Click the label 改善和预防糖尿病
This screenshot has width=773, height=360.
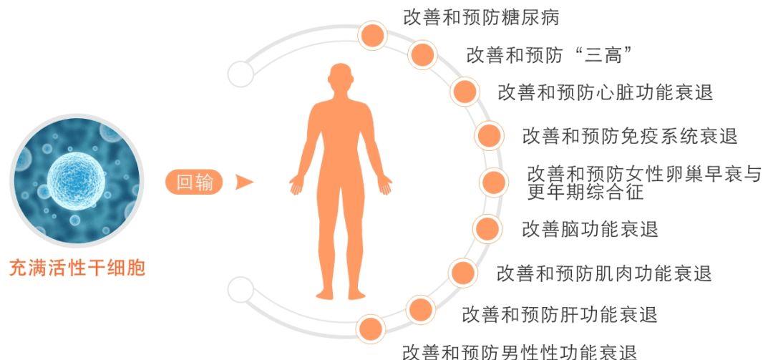pyautogui.click(x=481, y=17)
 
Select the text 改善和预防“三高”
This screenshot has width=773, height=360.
pyautogui.click(x=549, y=54)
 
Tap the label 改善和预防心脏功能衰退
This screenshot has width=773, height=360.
pyautogui.click(x=606, y=92)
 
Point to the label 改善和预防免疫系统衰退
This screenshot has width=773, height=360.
pyautogui.click(x=630, y=135)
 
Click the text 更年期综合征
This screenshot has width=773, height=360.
pyautogui.click(x=585, y=191)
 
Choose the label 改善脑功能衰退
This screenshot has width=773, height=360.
pyautogui.click(x=590, y=229)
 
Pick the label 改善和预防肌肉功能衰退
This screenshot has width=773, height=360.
pyautogui.click(x=604, y=273)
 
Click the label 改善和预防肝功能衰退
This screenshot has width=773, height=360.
pyautogui.click(x=560, y=314)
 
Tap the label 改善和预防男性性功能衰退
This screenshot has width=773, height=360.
pyautogui.click(x=520, y=352)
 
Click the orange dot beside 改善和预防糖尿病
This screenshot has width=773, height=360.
pyautogui.click(x=373, y=35)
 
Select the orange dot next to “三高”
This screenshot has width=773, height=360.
pyautogui.click(x=422, y=54)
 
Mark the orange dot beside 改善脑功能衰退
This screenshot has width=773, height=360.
pyautogui.click(x=487, y=228)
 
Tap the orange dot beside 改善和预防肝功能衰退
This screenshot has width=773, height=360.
pyautogui.click(x=421, y=310)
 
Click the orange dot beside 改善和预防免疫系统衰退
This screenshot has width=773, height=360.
pyautogui.click(x=489, y=135)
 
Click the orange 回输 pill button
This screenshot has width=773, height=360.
pyautogui.click(x=194, y=182)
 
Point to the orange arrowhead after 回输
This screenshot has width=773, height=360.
pyautogui.click(x=243, y=182)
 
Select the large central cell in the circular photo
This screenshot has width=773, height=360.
pyautogui.click(x=76, y=181)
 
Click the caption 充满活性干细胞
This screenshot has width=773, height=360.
pyautogui.click(x=77, y=268)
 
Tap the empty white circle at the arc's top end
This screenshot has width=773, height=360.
pyautogui.click(x=241, y=74)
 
